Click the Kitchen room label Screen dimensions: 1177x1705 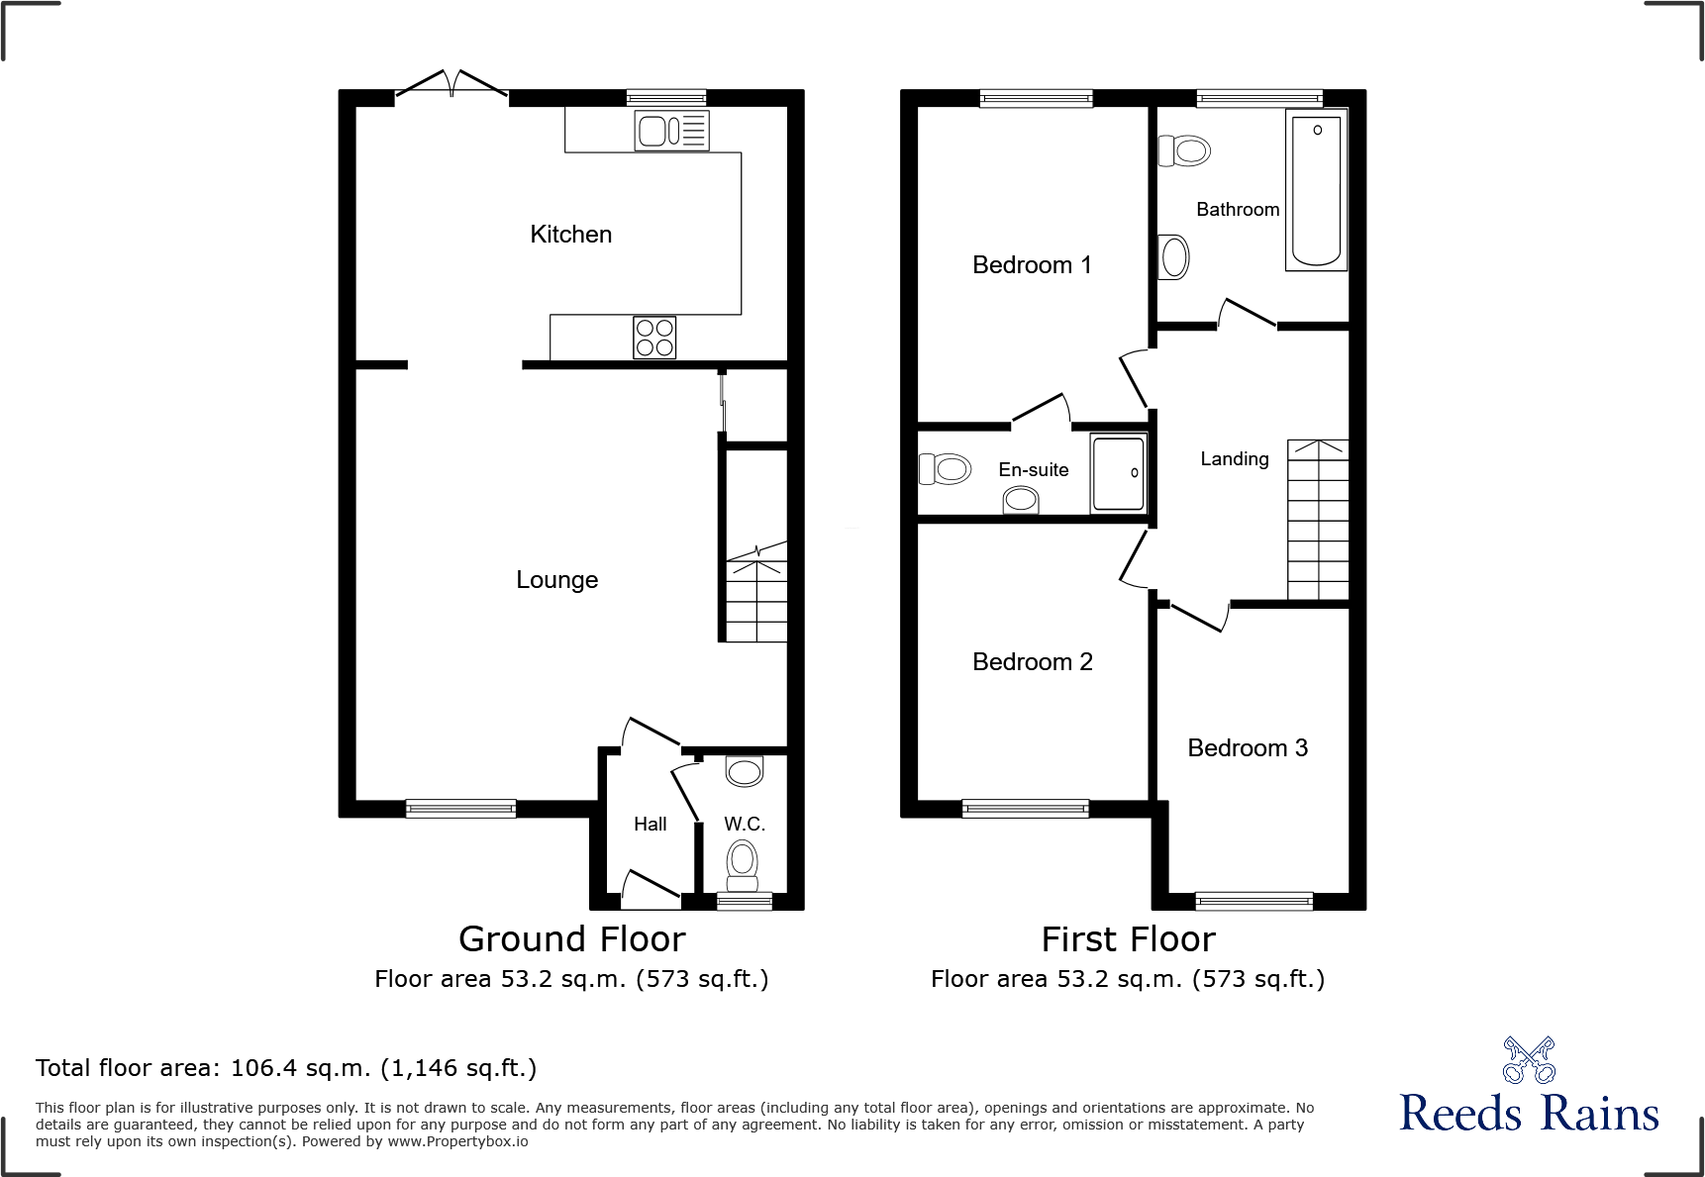tap(570, 235)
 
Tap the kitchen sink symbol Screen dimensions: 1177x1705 tap(671, 131)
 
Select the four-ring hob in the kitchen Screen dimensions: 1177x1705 tap(654, 338)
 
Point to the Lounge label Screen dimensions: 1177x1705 tap(556, 580)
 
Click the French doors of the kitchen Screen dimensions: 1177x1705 tap(451, 87)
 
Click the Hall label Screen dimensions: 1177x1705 tap(650, 824)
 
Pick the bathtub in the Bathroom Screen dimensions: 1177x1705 tap(1316, 190)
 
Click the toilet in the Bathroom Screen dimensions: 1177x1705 tap(1185, 151)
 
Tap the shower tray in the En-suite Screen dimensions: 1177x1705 tap(1119, 473)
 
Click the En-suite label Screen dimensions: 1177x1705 tap(1033, 470)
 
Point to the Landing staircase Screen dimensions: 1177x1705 tap(1318, 520)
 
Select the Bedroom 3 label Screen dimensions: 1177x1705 tap(1247, 748)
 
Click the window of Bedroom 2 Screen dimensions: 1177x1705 tap(1025, 809)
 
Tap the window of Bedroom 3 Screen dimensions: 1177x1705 tap(1254, 901)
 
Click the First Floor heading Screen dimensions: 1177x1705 tap(1128, 939)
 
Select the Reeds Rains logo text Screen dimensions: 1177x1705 tap(1529, 1114)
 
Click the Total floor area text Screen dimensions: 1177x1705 tap(286, 1068)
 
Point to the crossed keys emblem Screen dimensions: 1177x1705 tap(1529, 1060)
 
